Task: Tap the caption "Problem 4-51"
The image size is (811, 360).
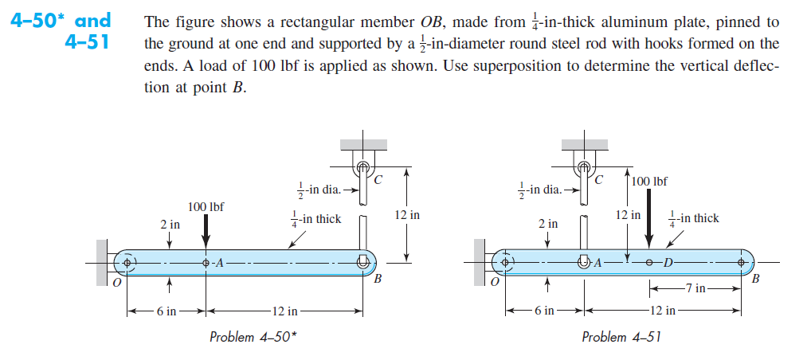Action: click(x=622, y=337)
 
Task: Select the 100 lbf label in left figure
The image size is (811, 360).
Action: click(x=206, y=207)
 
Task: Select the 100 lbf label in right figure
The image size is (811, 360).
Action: click(x=649, y=182)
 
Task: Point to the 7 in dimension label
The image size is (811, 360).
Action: click(x=695, y=288)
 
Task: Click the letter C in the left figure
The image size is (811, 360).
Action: click(x=378, y=181)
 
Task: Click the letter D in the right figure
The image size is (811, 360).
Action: click(x=668, y=262)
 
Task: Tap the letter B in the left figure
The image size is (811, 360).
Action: click(x=378, y=280)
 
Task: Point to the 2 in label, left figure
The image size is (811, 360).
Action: click(x=170, y=225)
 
